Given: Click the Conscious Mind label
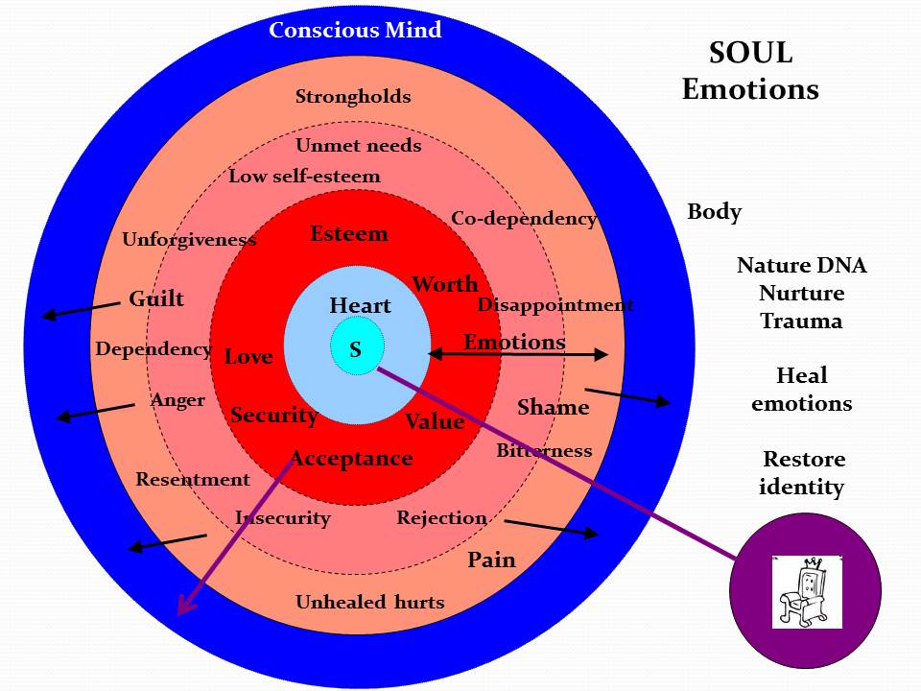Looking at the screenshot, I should tap(355, 30).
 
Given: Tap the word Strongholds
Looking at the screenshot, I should tap(353, 97).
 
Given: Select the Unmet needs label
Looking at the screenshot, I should tap(358, 146).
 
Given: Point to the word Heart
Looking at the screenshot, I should tap(360, 306).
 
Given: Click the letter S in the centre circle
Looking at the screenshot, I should tap(356, 350).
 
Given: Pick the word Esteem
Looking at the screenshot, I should tap(349, 234).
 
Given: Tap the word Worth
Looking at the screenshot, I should tap(445, 284).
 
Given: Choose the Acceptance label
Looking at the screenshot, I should tap(352, 459).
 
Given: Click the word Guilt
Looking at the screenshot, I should tap(156, 299).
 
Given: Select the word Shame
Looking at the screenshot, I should tap(553, 408).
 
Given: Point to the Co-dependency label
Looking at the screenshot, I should tap(524, 219).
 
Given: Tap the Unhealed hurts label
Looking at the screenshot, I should tap(369, 603).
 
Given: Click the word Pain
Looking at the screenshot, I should tap(491, 560).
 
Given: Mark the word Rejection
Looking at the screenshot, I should tap(441, 518).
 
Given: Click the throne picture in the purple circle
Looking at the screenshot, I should tap(806, 590).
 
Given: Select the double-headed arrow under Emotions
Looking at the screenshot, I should tap(518, 355).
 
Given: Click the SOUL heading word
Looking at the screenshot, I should tap(750, 54).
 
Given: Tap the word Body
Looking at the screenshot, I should tap(714, 212).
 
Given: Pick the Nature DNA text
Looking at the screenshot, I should tap(801, 266).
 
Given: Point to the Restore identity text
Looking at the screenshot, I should tap(802, 473).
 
